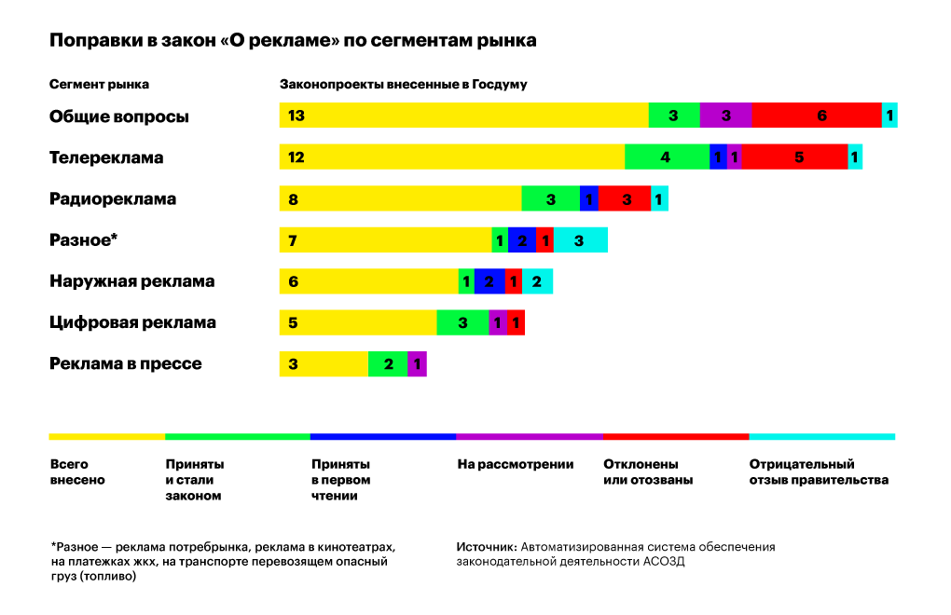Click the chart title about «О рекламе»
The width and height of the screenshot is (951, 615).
292,41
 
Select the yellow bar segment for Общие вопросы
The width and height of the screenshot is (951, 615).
463,116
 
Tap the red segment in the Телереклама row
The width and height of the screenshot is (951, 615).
794,157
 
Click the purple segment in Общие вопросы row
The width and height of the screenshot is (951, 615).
725,116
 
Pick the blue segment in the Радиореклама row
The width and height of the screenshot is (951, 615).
588,198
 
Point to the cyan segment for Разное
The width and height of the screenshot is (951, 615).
580,240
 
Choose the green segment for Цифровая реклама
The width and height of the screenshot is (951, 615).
462,322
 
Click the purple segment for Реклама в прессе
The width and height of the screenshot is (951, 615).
417,363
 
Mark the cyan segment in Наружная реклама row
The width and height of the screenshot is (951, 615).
537,281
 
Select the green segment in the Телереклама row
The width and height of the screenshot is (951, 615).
667,157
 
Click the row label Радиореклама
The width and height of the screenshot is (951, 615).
113,198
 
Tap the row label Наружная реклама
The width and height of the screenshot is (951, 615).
131,281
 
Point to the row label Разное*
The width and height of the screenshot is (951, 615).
83,240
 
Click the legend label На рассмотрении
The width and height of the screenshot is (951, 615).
516,464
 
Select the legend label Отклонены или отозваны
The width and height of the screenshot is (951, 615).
648,472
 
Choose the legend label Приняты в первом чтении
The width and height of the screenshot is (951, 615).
340,480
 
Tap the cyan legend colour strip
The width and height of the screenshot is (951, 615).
821,436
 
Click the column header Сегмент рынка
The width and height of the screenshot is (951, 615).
99,84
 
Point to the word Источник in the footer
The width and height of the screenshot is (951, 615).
486,547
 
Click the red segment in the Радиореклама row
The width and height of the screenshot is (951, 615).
625,198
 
